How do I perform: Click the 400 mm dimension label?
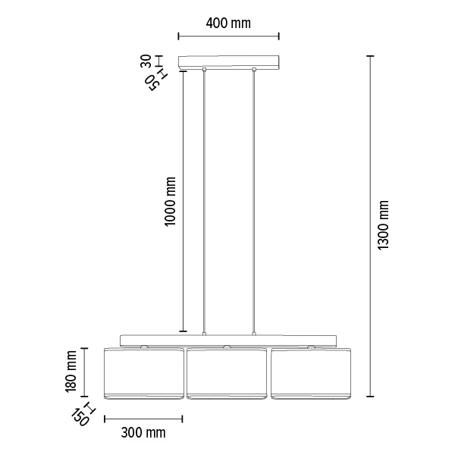(228, 23)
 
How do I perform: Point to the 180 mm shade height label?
(71, 371)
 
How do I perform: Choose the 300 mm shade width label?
(143, 433)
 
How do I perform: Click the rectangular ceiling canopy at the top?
(228, 62)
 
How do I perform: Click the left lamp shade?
(143, 372)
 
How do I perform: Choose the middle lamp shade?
(228, 372)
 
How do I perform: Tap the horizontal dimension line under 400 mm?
(228, 36)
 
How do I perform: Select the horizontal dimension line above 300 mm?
(143, 418)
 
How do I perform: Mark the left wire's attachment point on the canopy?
(204, 71)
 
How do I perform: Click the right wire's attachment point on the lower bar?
(255, 333)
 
